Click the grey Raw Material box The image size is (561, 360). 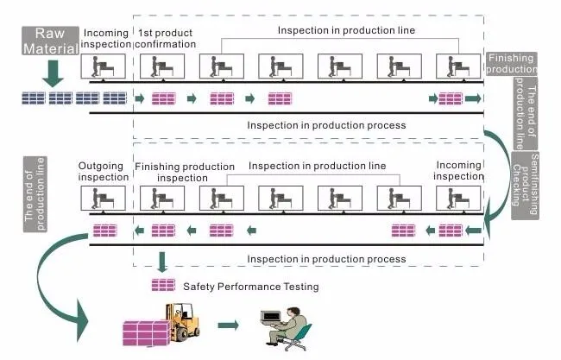50,41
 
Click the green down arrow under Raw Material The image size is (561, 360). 53,73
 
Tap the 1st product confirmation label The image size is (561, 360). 166,38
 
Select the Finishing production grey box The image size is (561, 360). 511,63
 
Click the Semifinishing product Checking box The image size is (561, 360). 525,185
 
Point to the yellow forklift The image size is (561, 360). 182,322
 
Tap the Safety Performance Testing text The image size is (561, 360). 251,287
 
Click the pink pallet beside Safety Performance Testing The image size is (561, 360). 163,285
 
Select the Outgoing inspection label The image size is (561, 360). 103,172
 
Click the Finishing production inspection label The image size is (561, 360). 184,172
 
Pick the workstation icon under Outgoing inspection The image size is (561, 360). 103,198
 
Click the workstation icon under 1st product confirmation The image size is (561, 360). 162,66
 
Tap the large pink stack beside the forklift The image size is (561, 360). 146,333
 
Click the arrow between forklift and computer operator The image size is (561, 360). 228,325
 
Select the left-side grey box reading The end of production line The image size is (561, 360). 35,194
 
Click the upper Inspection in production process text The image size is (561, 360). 326,125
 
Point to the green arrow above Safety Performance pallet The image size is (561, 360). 162,262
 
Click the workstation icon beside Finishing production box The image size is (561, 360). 458,66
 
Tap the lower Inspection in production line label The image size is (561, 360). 317,166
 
